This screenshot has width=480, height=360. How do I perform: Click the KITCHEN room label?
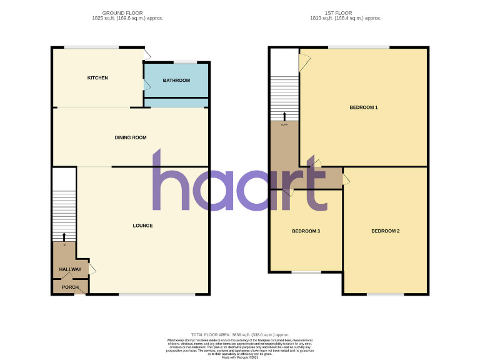pos(97,78)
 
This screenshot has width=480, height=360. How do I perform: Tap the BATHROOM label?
pos(176,80)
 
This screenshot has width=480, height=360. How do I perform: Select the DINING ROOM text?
pos(130,137)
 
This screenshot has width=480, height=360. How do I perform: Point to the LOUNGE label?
pos(142,225)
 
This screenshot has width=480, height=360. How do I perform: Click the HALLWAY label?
pos(70,269)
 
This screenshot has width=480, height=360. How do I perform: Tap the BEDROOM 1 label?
pos(363,107)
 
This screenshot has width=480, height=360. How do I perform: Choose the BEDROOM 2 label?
pos(385,231)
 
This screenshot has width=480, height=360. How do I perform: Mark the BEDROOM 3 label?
pos(306,231)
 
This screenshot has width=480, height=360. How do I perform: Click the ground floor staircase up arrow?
pos(64,236)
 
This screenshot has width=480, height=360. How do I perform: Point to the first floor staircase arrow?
pos(285,116)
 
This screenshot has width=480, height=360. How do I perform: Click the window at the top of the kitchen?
pos(91,47)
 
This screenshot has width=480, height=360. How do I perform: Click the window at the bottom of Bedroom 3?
pos(306,271)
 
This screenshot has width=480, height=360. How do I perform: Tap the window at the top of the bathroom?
pos(184,61)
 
